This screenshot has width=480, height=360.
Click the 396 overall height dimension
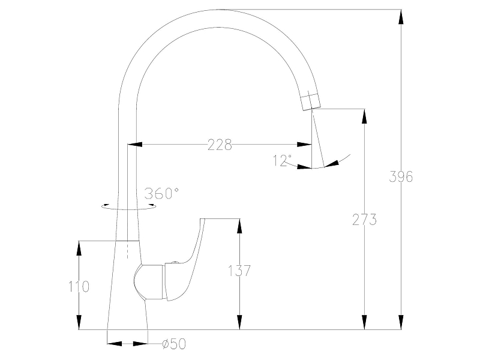tap(401, 176)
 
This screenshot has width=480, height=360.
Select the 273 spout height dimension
tap(364, 220)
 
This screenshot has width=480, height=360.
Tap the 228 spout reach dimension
tap(220, 145)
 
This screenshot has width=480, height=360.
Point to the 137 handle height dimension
tap(239, 271)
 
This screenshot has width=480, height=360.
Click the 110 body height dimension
tap(79, 287)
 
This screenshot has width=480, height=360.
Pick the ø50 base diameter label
tap(174, 344)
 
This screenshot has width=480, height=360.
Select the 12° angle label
tap(282, 161)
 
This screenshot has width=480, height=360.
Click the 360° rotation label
tap(161, 193)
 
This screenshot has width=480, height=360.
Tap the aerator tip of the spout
tap(310, 101)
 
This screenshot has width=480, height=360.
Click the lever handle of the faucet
tap(187, 260)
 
